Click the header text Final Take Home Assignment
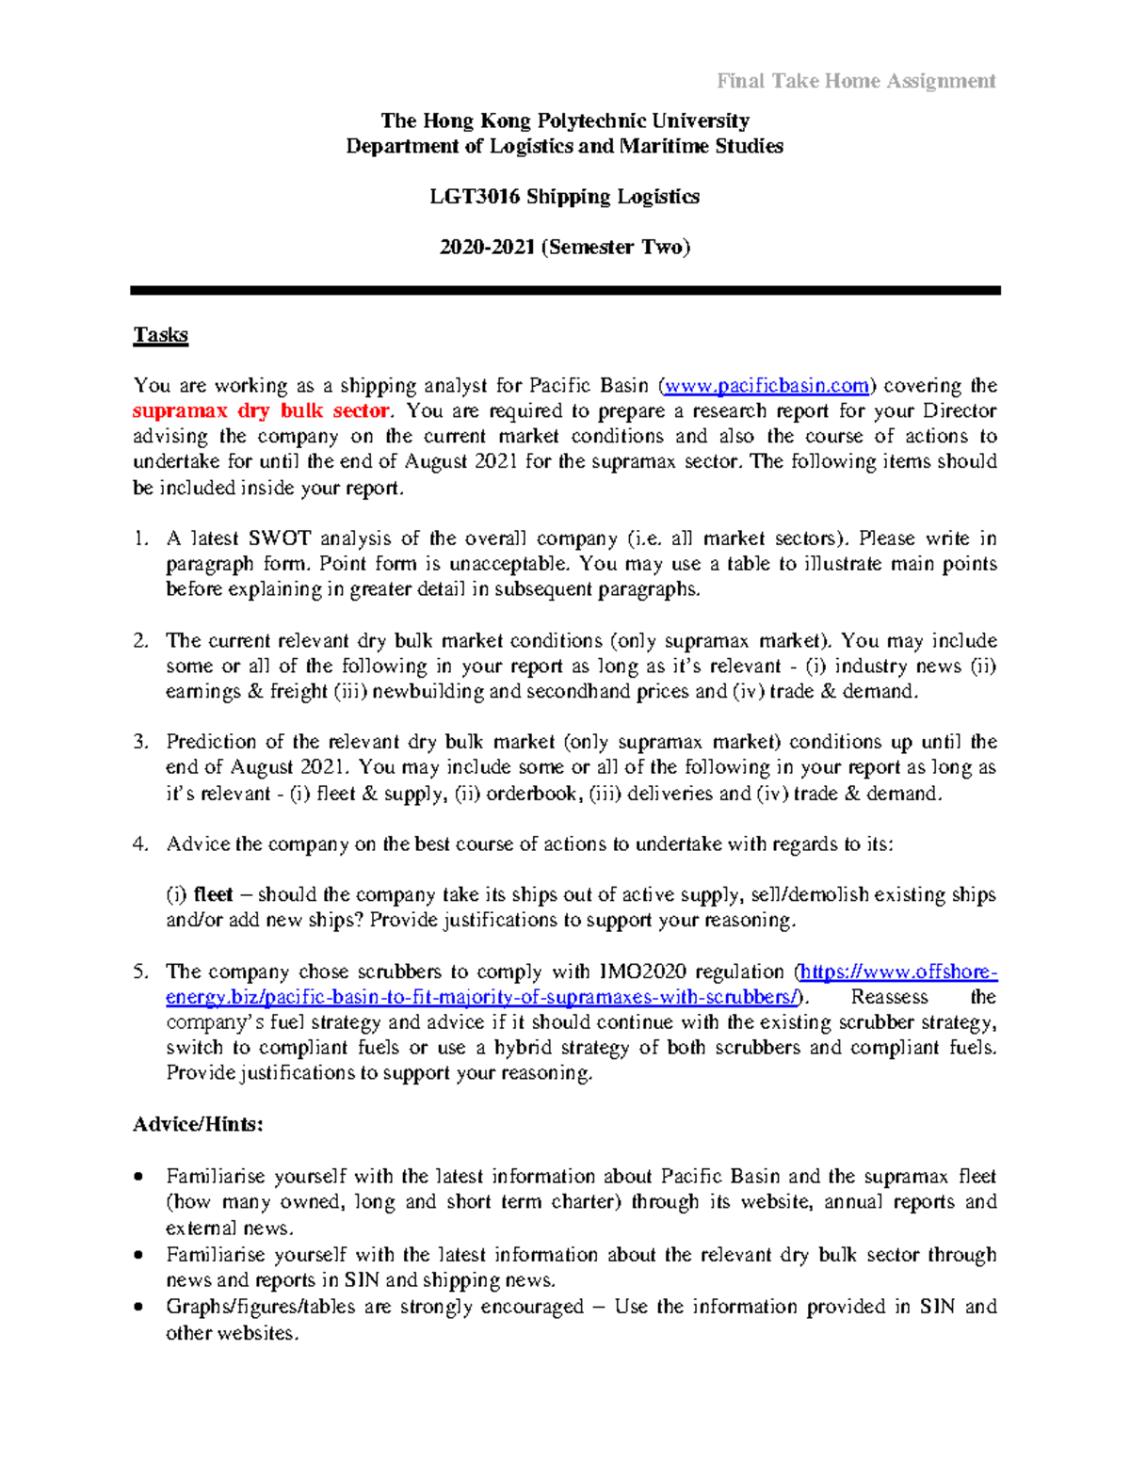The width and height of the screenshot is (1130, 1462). pyautogui.click(x=855, y=81)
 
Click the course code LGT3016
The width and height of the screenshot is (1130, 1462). pyautogui.click(x=475, y=197)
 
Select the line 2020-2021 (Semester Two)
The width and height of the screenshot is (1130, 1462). pyautogui.click(x=565, y=248)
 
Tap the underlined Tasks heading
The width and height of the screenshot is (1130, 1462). pyautogui.click(x=160, y=335)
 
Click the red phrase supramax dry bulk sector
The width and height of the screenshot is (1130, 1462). pyautogui.click(x=261, y=411)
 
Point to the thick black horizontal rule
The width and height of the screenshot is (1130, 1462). pyautogui.click(x=565, y=291)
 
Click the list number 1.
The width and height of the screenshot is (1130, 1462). pyautogui.click(x=141, y=539)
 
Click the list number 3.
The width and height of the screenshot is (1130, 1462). pyautogui.click(x=141, y=742)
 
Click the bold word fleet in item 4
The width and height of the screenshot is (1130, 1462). pyautogui.click(x=213, y=895)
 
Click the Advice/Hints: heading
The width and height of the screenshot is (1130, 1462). pyautogui.click(x=198, y=1125)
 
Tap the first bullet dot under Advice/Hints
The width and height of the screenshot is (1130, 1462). pyautogui.click(x=139, y=1177)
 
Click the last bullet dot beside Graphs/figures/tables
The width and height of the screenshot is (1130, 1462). pyautogui.click(x=139, y=1308)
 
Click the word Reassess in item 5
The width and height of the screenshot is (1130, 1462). pyautogui.click(x=889, y=998)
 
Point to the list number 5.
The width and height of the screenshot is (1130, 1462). pyautogui.click(x=141, y=972)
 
